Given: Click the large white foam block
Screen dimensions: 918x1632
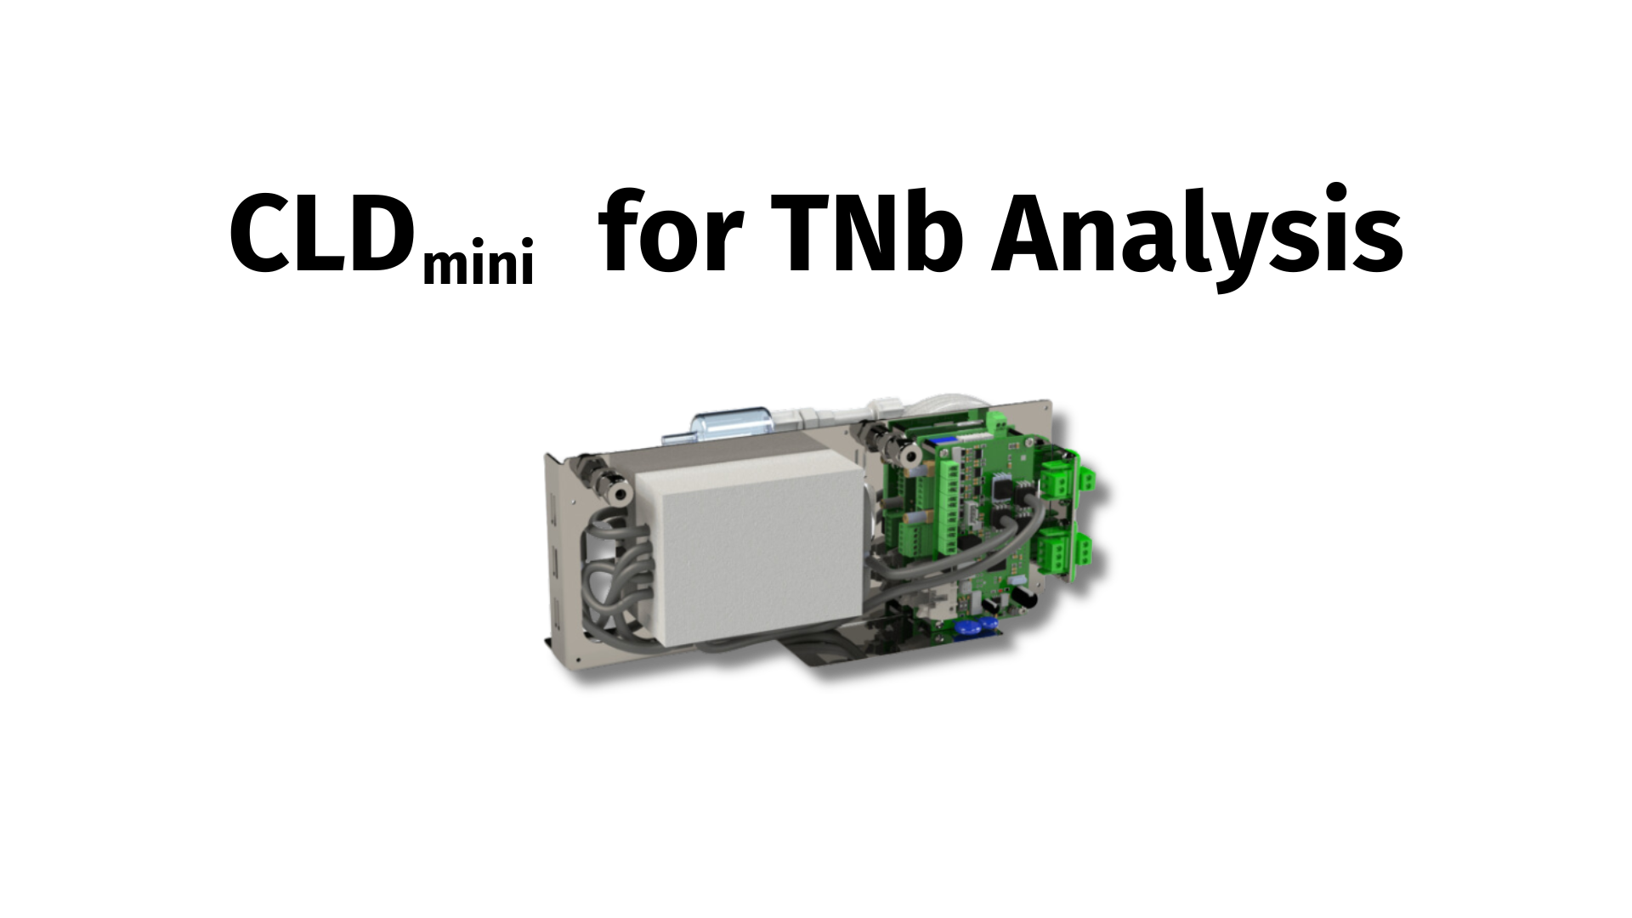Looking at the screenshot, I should [756, 552].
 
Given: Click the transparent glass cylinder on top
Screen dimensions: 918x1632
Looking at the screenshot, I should [732, 422].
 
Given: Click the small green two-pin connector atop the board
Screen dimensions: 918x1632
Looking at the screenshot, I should [997, 422].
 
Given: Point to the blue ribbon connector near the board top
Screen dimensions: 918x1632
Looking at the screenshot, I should [943, 440].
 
